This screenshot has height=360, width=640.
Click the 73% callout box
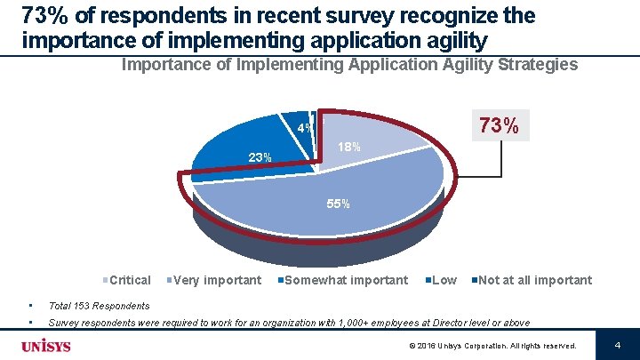click(499, 125)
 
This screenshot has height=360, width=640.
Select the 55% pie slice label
click(338, 204)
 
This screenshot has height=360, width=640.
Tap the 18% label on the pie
click(348, 147)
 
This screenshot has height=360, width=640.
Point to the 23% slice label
click(260, 158)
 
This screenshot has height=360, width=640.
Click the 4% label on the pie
click(304, 129)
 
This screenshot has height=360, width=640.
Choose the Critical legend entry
click(129, 280)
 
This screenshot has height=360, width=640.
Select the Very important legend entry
click(217, 280)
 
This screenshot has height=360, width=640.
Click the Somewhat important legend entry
click(346, 280)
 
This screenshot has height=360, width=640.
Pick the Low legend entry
click(444, 280)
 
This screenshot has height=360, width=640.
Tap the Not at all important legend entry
click(534, 280)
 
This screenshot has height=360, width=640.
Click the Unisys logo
click(46, 345)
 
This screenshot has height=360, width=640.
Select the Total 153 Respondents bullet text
click(99, 306)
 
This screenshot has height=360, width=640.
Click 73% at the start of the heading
click(42, 16)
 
